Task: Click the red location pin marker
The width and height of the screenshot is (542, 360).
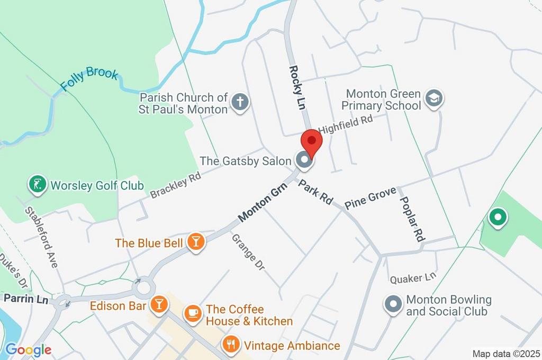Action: [x=311, y=141]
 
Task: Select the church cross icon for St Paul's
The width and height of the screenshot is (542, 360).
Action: [x=240, y=103]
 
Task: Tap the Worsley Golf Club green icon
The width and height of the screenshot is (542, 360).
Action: [x=37, y=185]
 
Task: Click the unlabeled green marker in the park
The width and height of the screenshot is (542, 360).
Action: [x=497, y=217]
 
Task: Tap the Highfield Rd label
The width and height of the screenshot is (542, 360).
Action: [x=346, y=124]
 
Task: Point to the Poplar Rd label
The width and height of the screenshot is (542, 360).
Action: [x=412, y=219]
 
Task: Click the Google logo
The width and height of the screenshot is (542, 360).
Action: [x=28, y=349]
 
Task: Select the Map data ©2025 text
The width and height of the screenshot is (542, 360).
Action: [x=505, y=354]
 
